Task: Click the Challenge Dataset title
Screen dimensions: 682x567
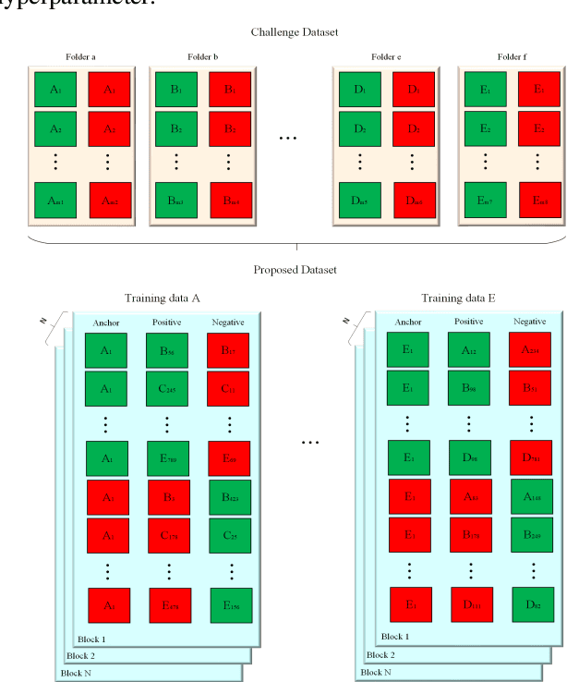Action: [x=295, y=32]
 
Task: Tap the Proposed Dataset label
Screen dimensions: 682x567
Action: [x=295, y=270]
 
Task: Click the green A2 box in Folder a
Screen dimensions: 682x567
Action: [x=55, y=128]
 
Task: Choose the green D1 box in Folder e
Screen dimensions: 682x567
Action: [x=359, y=90]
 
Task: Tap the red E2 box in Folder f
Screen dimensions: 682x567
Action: [x=537, y=128]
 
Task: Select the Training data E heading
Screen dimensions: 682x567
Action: [x=459, y=298]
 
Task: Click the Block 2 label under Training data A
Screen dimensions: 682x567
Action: [x=82, y=654]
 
